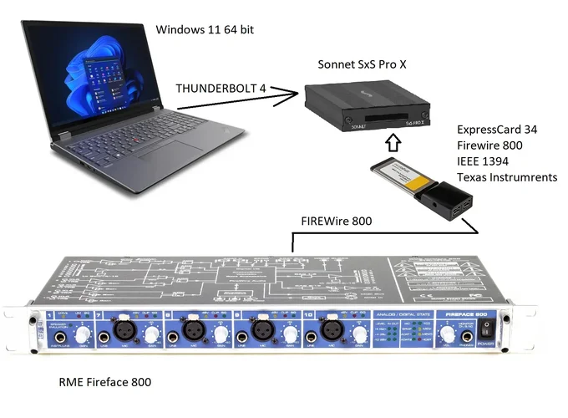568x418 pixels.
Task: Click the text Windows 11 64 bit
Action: pyautogui.click(x=205, y=30)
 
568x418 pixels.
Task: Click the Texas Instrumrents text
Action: pyautogui.click(x=507, y=178)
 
